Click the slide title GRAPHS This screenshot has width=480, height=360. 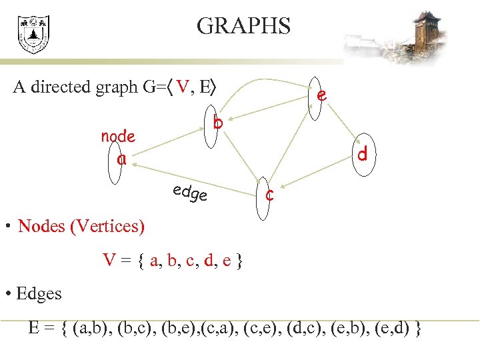click(x=244, y=26)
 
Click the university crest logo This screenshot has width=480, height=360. click(x=33, y=35)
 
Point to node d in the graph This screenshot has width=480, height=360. click(x=362, y=155)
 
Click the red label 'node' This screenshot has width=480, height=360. click(x=118, y=137)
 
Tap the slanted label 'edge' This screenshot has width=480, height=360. click(x=190, y=193)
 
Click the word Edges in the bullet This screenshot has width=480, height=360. click(x=39, y=294)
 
